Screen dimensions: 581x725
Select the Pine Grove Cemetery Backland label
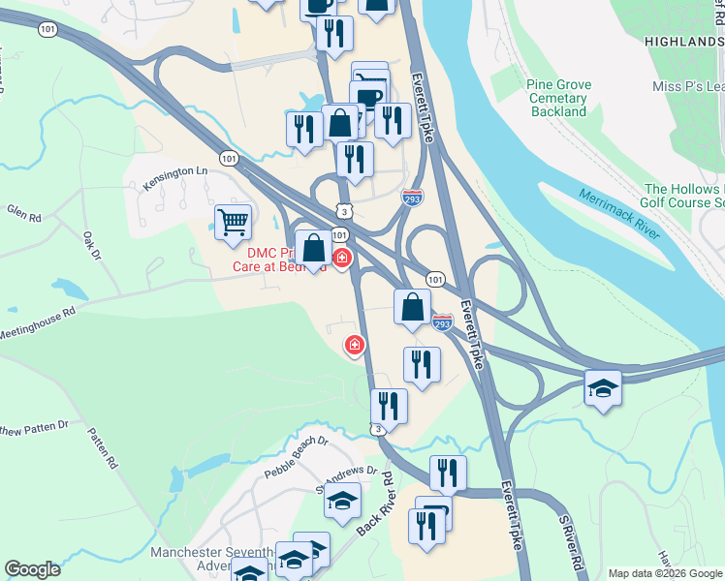click(x=559, y=98)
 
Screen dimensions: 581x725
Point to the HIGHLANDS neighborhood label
click(x=683, y=43)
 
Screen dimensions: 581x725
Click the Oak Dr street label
click(x=92, y=245)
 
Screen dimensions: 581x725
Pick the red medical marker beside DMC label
click(x=342, y=258)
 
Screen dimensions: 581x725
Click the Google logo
click(x=32, y=568)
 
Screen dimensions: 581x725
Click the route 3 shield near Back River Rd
click(x=377, y=428)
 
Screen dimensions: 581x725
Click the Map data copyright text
click(x=665, y=573)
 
